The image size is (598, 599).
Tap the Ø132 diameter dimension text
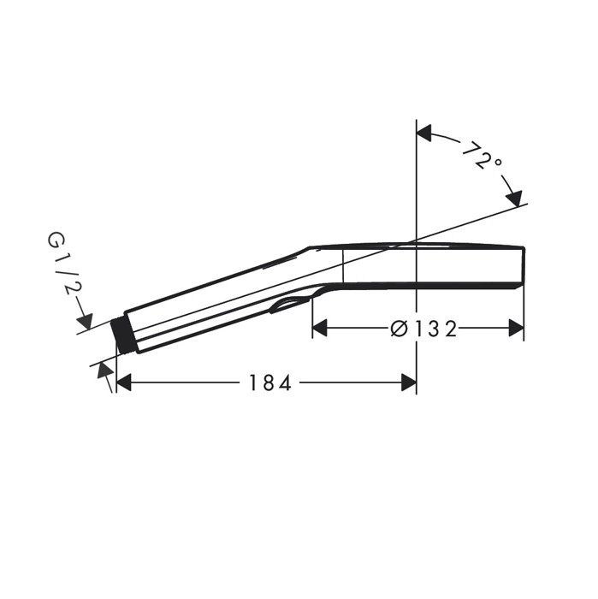(x=423, y=329)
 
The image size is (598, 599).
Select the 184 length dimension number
(x=270, y=383)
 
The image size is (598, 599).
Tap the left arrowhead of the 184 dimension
(x=124, y=383)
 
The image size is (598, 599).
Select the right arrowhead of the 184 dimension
(x=409, y=383)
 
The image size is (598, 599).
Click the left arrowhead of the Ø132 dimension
(x=320, y=329)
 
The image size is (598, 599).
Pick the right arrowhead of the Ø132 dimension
(x=516, y=329)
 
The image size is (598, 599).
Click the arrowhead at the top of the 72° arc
(x=423, y=133)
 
